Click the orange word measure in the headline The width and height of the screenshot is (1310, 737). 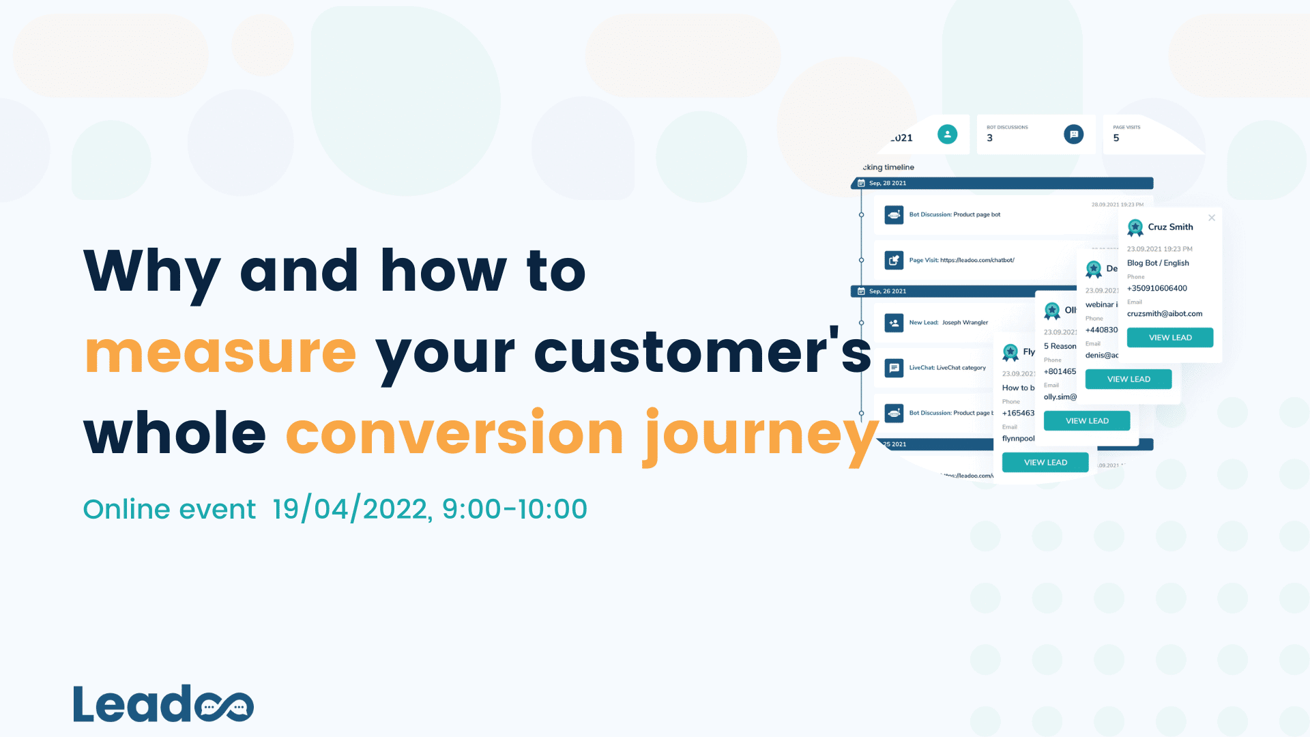(220, 353)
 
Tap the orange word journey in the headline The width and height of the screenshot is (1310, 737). (761, 435)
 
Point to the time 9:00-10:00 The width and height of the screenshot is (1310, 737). (514, 509)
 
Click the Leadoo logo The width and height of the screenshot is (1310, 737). (163, 704)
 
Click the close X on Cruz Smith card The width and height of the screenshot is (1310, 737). (1212, 218)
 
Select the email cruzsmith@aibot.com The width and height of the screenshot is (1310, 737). (1164, 314)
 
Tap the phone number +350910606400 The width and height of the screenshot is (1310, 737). (1156, 289)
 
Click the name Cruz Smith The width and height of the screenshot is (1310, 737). (1170, 227)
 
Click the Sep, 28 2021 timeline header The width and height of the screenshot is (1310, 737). (888, 184)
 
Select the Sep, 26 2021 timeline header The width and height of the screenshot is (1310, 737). (888, 291)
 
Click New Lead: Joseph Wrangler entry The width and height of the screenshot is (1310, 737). (948, 323)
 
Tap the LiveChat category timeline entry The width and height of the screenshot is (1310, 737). (947, 368)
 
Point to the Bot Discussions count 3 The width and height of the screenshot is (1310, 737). (990, 139)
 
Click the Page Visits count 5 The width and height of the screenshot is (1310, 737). (1116, 139)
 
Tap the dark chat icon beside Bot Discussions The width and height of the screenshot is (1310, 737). (1073, 134)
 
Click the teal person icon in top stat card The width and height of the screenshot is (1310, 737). (947, 134)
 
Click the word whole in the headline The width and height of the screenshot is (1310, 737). (175, 435)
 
